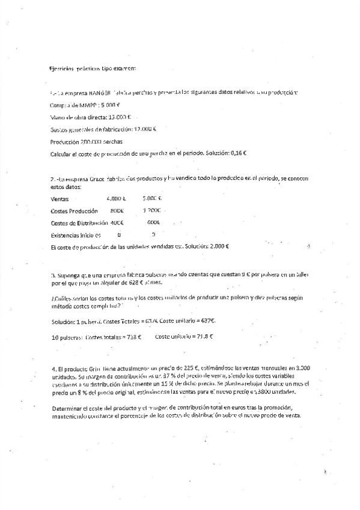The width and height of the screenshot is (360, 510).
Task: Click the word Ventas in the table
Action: tap(60, 199)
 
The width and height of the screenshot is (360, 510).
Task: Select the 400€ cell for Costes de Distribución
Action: tap(117, 223)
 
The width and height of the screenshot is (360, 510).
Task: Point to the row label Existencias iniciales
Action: tap(76, 235)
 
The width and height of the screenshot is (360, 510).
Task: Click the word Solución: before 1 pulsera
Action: tap(64, 321)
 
